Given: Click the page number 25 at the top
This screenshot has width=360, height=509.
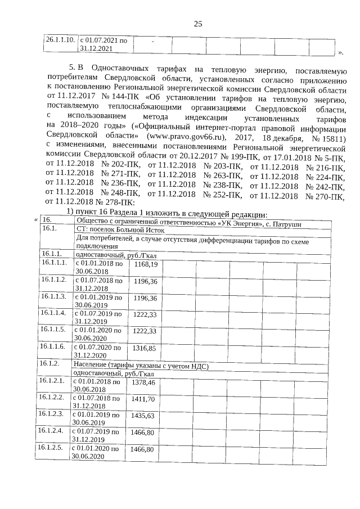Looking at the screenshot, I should [x=198, y=24].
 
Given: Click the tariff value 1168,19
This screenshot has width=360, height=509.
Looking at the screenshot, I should [x=145, y=264].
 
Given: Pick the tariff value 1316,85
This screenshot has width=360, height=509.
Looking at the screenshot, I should [x=145, y=348].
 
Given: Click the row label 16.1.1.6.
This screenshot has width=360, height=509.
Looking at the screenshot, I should [x=53, y=346].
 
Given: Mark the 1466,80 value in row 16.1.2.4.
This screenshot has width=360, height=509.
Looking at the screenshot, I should [x=142, y=433].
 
